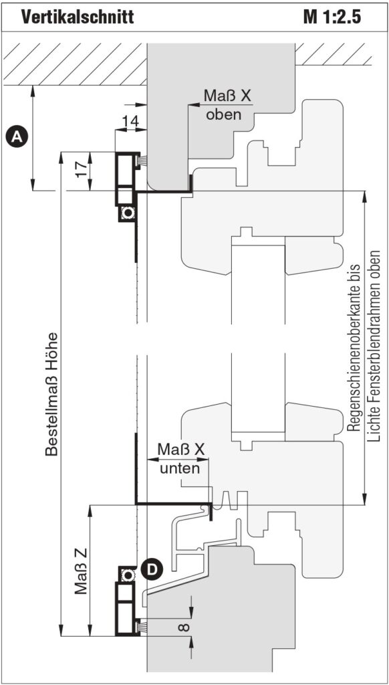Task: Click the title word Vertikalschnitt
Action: tap(78, 17)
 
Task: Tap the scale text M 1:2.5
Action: tap(333, 17)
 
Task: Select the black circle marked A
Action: tap(17, 136)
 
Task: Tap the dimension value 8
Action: tap(184, 627)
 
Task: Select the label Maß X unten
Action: tap(180, 459)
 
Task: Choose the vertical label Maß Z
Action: tap(80, 571)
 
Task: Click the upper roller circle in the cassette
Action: tap(128, 213)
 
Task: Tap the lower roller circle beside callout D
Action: tap(128, 575)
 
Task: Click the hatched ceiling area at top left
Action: tap(74, 64)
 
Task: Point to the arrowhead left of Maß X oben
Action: tap(192, 105)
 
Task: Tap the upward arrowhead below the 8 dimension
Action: tap(191, 641)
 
